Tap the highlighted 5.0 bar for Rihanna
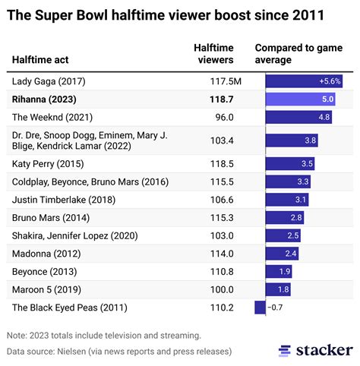tap(301, 99)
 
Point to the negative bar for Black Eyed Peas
tap(260, 308)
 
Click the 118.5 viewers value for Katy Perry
tap(223, 163)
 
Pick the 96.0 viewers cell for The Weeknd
tap(226, 117)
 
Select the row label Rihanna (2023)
tap(45, 99)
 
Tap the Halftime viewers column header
tap(219, 54)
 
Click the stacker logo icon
tap(284, 350)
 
